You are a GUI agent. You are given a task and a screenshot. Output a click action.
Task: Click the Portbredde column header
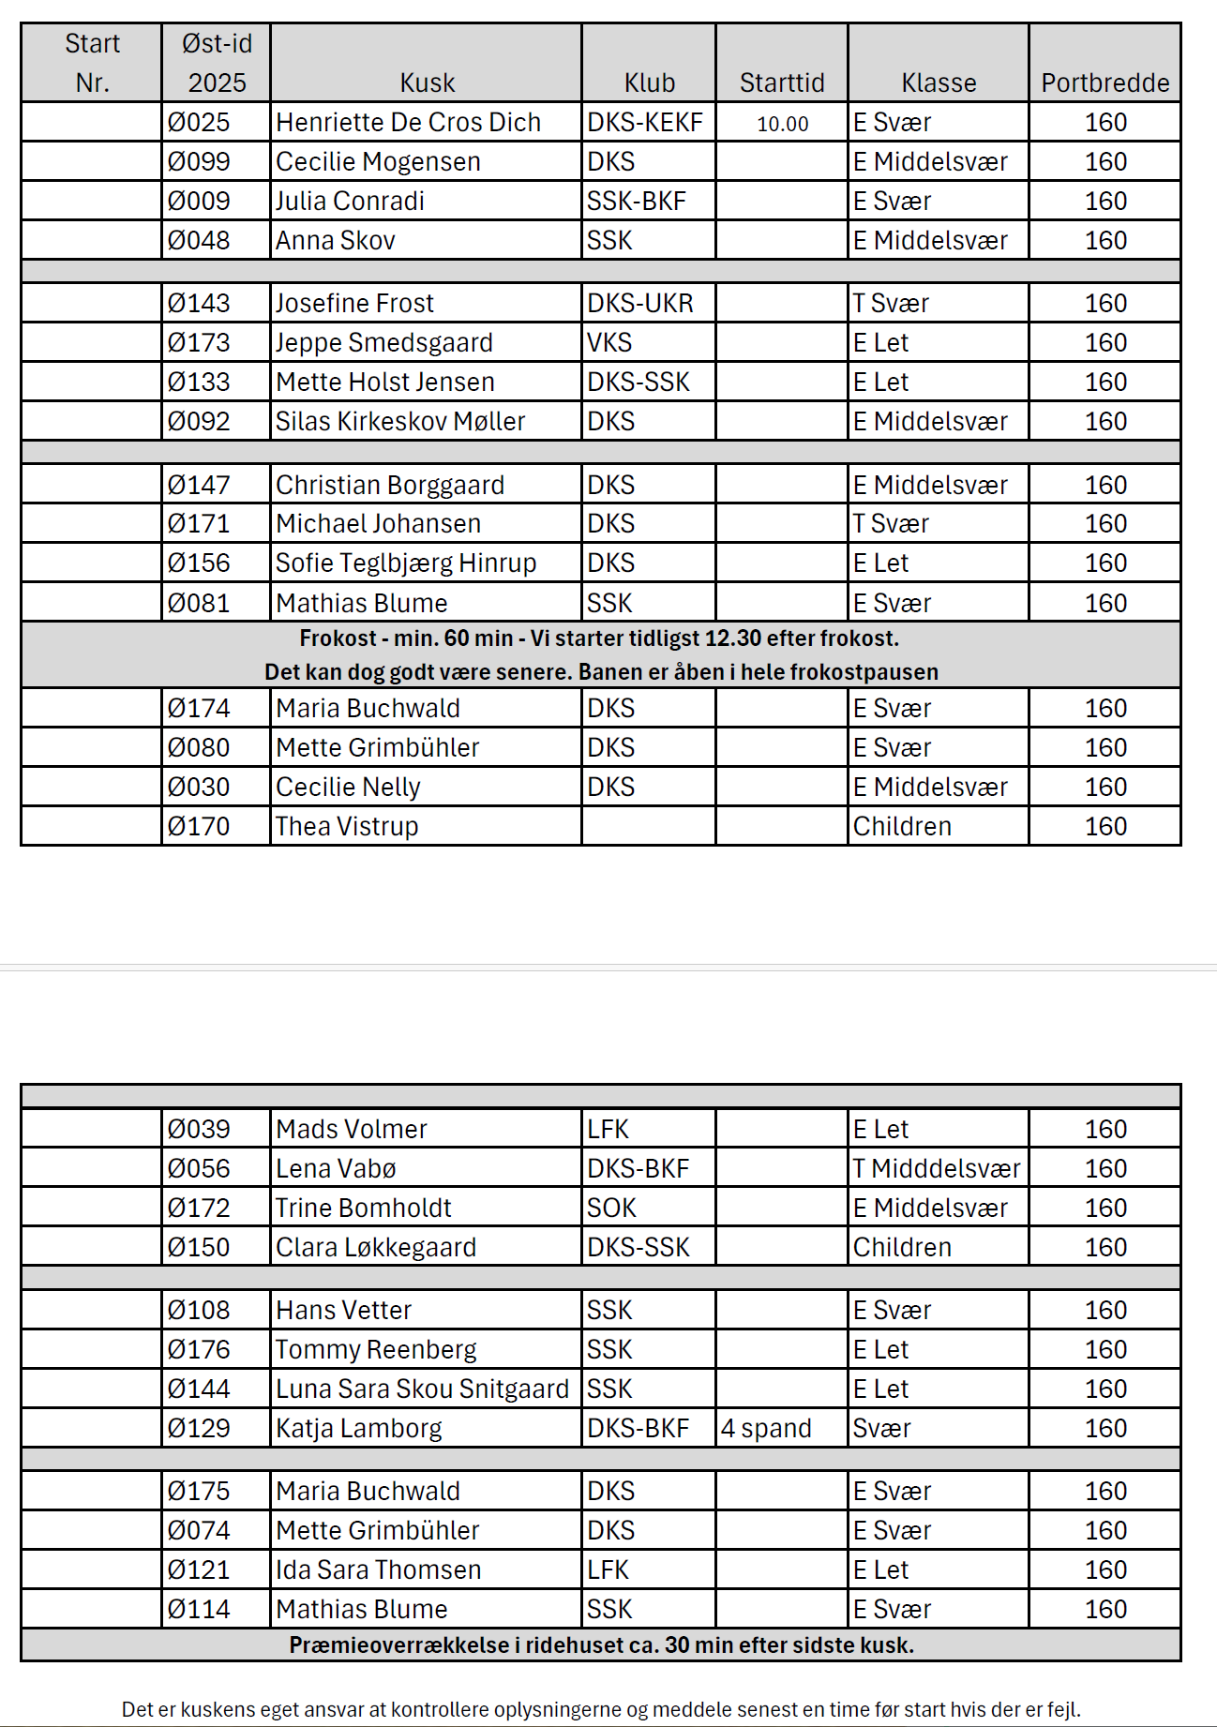click(x=1104, y=83)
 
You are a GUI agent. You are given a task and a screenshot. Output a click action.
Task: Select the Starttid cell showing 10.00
click(x=782, y=124)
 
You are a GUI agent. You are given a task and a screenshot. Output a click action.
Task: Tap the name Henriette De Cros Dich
click(x=408, y=123)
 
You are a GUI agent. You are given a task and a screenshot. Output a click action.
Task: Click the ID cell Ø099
click(x=199, y=162)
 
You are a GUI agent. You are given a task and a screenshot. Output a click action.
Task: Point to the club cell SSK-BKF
click(x=636, y=202)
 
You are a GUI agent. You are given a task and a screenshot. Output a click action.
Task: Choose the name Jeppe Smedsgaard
click(x=383, y=343)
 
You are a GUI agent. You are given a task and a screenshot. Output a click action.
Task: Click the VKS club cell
click(x=609, y=343)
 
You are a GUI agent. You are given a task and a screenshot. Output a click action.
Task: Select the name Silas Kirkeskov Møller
click(x=400, y=422)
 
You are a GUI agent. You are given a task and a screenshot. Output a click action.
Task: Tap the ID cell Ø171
click(x=199, y=524)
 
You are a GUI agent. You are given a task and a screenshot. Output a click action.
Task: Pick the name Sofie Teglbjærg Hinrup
click(x=406, y=563)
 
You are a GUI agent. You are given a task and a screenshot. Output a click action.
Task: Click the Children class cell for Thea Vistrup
click(x=902, y=827)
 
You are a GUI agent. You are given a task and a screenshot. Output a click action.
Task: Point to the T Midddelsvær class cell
click(x=936, y=1169)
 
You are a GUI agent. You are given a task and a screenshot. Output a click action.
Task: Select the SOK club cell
click(x=611, y=1209)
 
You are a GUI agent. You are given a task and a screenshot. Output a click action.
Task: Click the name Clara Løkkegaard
click(x=376, y=1248)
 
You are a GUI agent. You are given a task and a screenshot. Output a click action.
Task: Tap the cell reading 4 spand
click(x=766, y=1429)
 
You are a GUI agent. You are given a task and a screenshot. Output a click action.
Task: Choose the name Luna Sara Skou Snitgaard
click(x=422, y=1389)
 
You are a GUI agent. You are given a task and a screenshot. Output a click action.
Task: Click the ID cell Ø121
click(x=199, y=1570)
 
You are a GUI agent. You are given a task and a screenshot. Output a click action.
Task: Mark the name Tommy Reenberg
click(x=376, y=1350)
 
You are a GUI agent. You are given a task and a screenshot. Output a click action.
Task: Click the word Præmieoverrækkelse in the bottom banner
click(x=398, y=1645)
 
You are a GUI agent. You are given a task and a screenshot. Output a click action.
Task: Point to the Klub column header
click(x=650, y=83)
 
